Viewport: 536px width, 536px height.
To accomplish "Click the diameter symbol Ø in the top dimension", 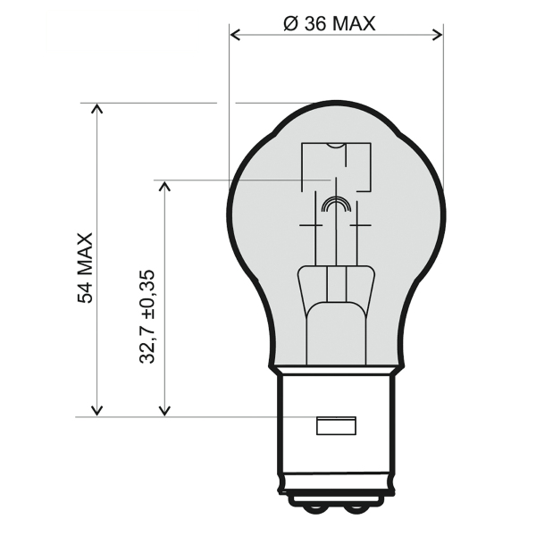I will [290, 24].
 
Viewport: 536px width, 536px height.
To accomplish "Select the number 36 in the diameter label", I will [314, 24].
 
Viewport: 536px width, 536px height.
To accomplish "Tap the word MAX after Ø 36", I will [354, 24].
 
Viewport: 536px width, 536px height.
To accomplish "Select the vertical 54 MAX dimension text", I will [86, 268].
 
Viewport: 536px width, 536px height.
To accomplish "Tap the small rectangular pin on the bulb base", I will [336, 426].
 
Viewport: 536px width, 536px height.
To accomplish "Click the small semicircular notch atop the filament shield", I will [336, 146].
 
